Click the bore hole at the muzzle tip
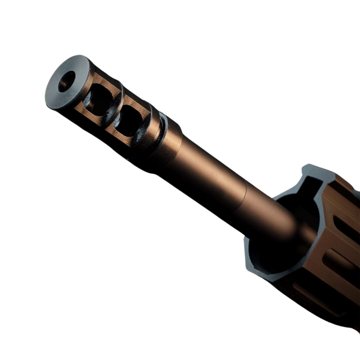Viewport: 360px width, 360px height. (x=66, y=81)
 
